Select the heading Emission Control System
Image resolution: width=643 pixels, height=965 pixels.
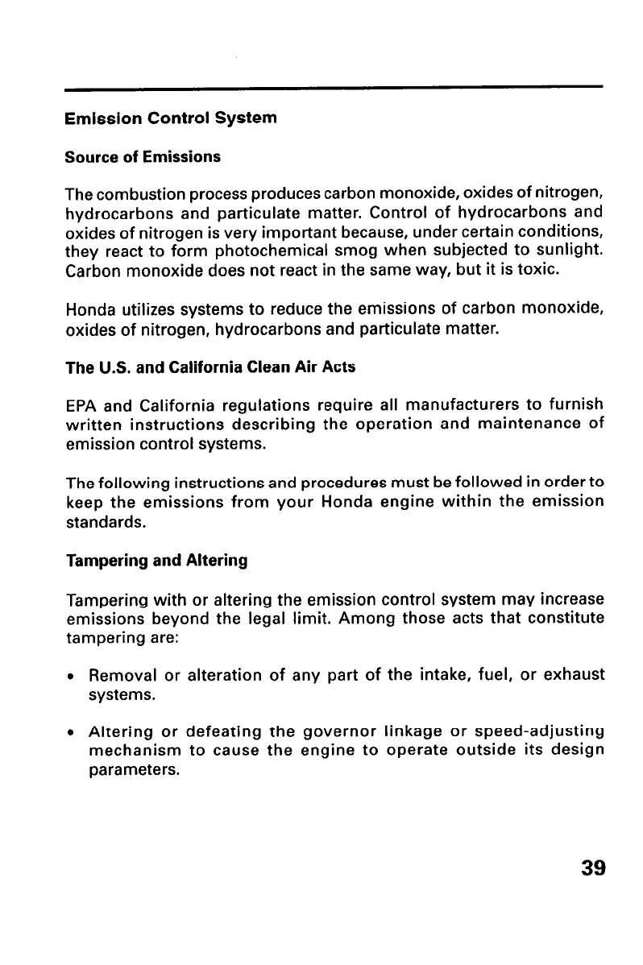(x=171, y=118)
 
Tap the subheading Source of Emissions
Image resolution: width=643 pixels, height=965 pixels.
(x=143, y=156)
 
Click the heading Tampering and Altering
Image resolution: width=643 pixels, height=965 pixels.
(x=156, y=560)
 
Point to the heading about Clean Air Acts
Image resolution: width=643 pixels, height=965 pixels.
(x=209, y=367)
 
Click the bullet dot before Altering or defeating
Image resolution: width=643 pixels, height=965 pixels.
(x=72, y=735)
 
